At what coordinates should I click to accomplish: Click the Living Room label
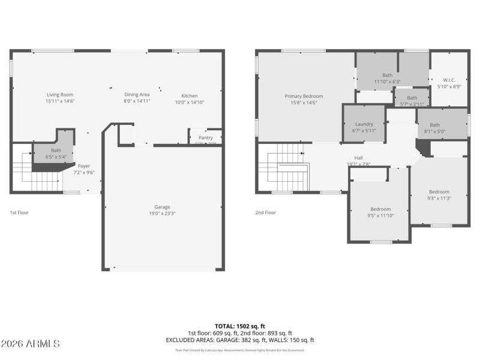pyautogui.click(x=60, y=95)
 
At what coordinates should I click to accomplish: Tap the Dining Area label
pyautogui.click(x=136, y=95)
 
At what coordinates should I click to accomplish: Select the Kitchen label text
pyautogui.click(x=190, y=96)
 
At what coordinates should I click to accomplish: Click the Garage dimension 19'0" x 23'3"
pyautogui.click(x=162, y=213)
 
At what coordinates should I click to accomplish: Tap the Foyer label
pyautogui.click(x=84, y=166)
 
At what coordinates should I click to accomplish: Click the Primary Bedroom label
pyautogui.click(x=304, y=96)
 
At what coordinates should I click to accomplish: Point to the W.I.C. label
pyautogui.click(x=449, y=80)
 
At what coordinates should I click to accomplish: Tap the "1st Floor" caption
pyautogui.click(x=19, y=212)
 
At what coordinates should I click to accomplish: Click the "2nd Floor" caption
pyautogui.click(x=266, y=212)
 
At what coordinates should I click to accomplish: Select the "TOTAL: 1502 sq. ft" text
pyautogui.click(x=239, y=326)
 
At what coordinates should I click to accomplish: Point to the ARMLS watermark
pyautogui.click(x=31, y=344)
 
